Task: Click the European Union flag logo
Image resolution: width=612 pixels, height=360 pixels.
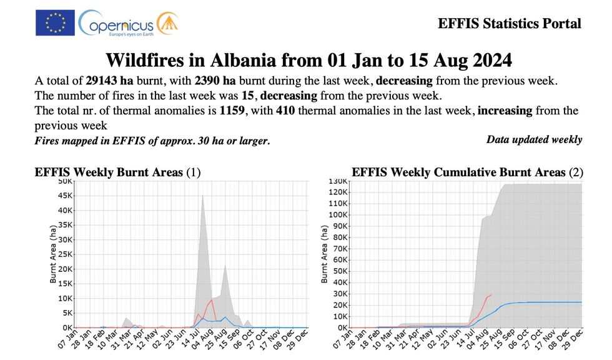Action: pos(55,22)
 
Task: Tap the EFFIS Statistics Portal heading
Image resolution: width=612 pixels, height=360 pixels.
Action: pos(510,24)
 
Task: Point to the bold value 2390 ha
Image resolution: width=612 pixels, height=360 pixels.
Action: pos(215,82)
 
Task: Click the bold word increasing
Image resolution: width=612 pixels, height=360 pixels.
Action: pos(505,111)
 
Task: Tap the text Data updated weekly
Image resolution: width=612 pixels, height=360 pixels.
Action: pos(534,139)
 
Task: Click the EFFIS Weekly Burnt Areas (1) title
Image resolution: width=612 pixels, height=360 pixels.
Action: pos(117,172)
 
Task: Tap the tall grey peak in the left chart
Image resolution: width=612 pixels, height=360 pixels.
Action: pos(202,196)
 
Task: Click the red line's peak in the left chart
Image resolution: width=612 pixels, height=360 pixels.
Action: pos(212,300)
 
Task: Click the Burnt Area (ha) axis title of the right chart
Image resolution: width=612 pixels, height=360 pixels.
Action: pos(325,254)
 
